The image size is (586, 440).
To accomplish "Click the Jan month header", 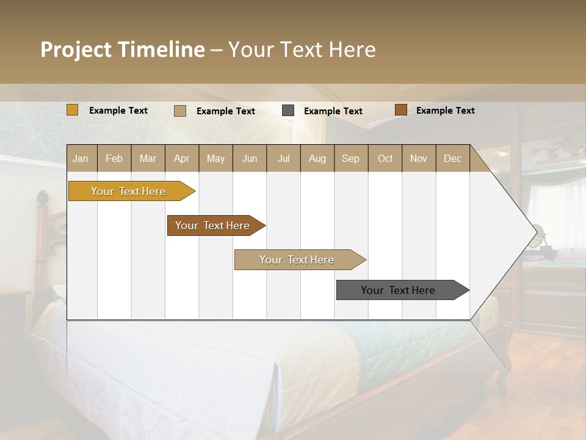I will click(81, 158).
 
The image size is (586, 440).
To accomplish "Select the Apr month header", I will click(181, 158).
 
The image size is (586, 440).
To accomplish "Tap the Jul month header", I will click(283, 158).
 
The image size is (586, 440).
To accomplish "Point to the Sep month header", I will click(350, 158).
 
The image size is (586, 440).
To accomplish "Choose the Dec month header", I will click(452, 158).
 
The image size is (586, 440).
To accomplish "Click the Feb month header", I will click(114, 158).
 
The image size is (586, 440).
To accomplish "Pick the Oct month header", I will click(385, 158).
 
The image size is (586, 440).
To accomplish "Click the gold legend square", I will click(73, 110).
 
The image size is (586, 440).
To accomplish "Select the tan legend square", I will click(180, 111).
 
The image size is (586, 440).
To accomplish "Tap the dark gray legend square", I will click(288, 111).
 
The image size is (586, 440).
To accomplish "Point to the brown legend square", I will click(400, 110).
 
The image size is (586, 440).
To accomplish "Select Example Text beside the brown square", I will click(445, 111).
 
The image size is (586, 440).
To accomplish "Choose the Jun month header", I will click(250, 158).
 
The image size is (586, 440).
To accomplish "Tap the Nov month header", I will click(419, 158).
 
